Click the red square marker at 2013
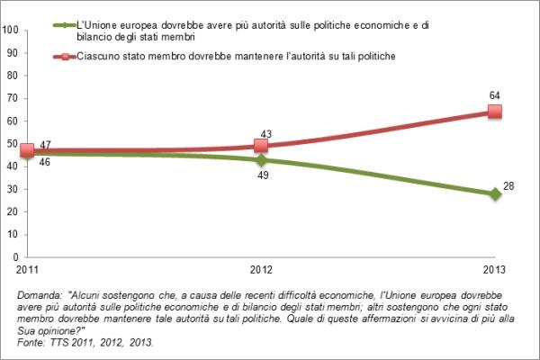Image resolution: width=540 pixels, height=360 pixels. (x=494, y=112)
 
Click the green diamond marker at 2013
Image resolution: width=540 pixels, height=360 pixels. (x=494, y=193)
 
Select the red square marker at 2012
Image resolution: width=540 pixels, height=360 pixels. (x=261, y=145)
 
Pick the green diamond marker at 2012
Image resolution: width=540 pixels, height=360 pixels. (x=261, y=159)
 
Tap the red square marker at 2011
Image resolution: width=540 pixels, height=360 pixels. (x=27, y=151)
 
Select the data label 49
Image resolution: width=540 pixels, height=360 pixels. (x=261, y=176)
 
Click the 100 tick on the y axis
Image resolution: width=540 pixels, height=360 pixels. (x=13, y=30)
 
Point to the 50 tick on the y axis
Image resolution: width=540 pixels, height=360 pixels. (x=13, y=144)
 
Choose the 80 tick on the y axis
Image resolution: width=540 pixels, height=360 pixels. (x=13, y=76)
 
